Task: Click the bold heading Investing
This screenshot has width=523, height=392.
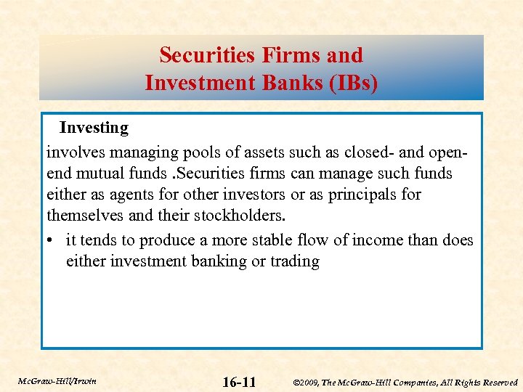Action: click(x=94, y=128)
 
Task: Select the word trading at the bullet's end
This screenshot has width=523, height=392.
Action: click(x=295, y=261)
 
